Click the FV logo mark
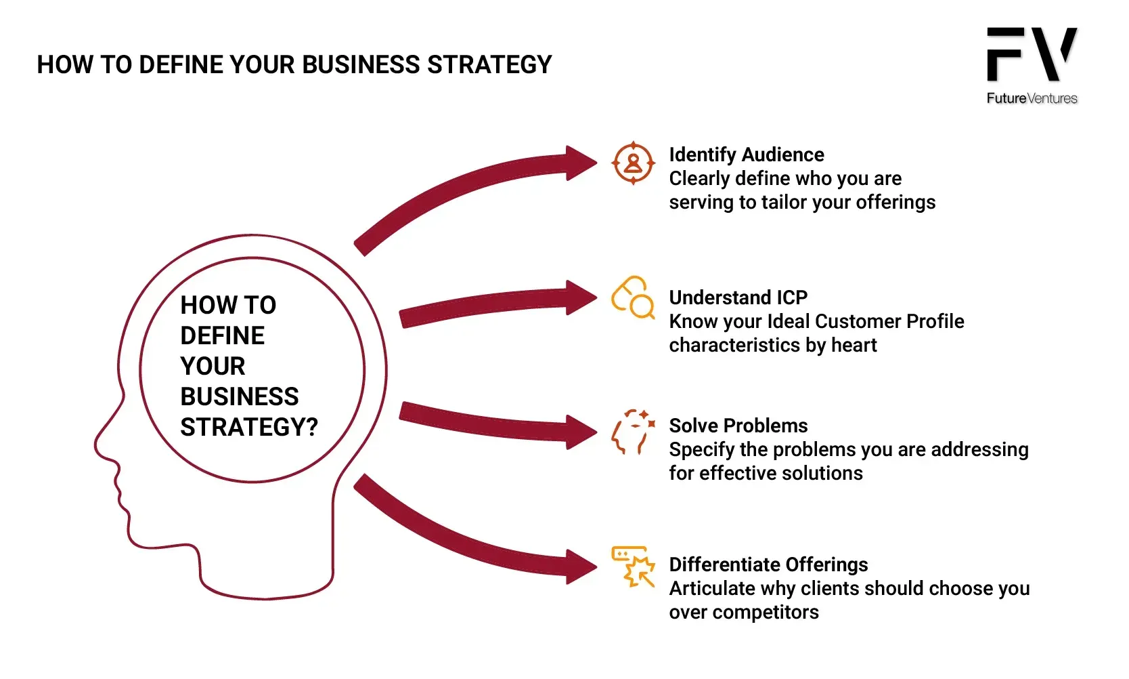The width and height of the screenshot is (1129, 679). pos(1031,54)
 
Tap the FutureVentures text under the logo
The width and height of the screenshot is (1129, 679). pos(1032,98)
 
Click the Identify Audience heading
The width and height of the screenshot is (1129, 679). pos(746,155)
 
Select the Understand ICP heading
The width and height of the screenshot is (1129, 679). pos(738,297)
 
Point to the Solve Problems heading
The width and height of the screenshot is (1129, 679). pos(738,426)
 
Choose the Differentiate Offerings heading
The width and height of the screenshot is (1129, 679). pos(768,564)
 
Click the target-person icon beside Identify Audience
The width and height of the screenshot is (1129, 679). pos(633,163)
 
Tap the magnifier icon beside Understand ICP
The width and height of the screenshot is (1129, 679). pos(633,297)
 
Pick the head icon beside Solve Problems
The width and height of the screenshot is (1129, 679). pos(633,432)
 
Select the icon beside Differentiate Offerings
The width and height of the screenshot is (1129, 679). pos(633,566)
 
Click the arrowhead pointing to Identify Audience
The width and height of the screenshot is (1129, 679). pos(580,163)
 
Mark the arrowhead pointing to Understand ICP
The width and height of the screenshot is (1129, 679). pos(580,297)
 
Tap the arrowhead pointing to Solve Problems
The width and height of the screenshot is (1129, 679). pos(580,432)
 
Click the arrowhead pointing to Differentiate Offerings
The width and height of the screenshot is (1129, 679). pos(580,566)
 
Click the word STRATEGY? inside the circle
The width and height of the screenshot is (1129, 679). pos(249,427)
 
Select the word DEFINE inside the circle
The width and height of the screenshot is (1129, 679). pos(222,335)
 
